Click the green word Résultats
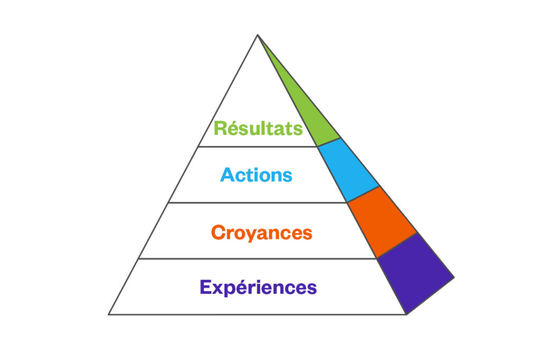point(258,128)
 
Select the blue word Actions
point(256,175)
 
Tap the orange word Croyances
point(262,233)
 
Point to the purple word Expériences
point(258,288)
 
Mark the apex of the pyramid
point(257,35)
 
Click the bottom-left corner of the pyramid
point(109,315)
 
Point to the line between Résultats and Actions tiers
point(258,147)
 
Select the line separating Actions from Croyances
point(257,202)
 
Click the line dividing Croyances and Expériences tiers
point(257,259)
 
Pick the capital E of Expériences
point(206,288)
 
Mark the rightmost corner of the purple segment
point(454,276)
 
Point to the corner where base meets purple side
point(406,315)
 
